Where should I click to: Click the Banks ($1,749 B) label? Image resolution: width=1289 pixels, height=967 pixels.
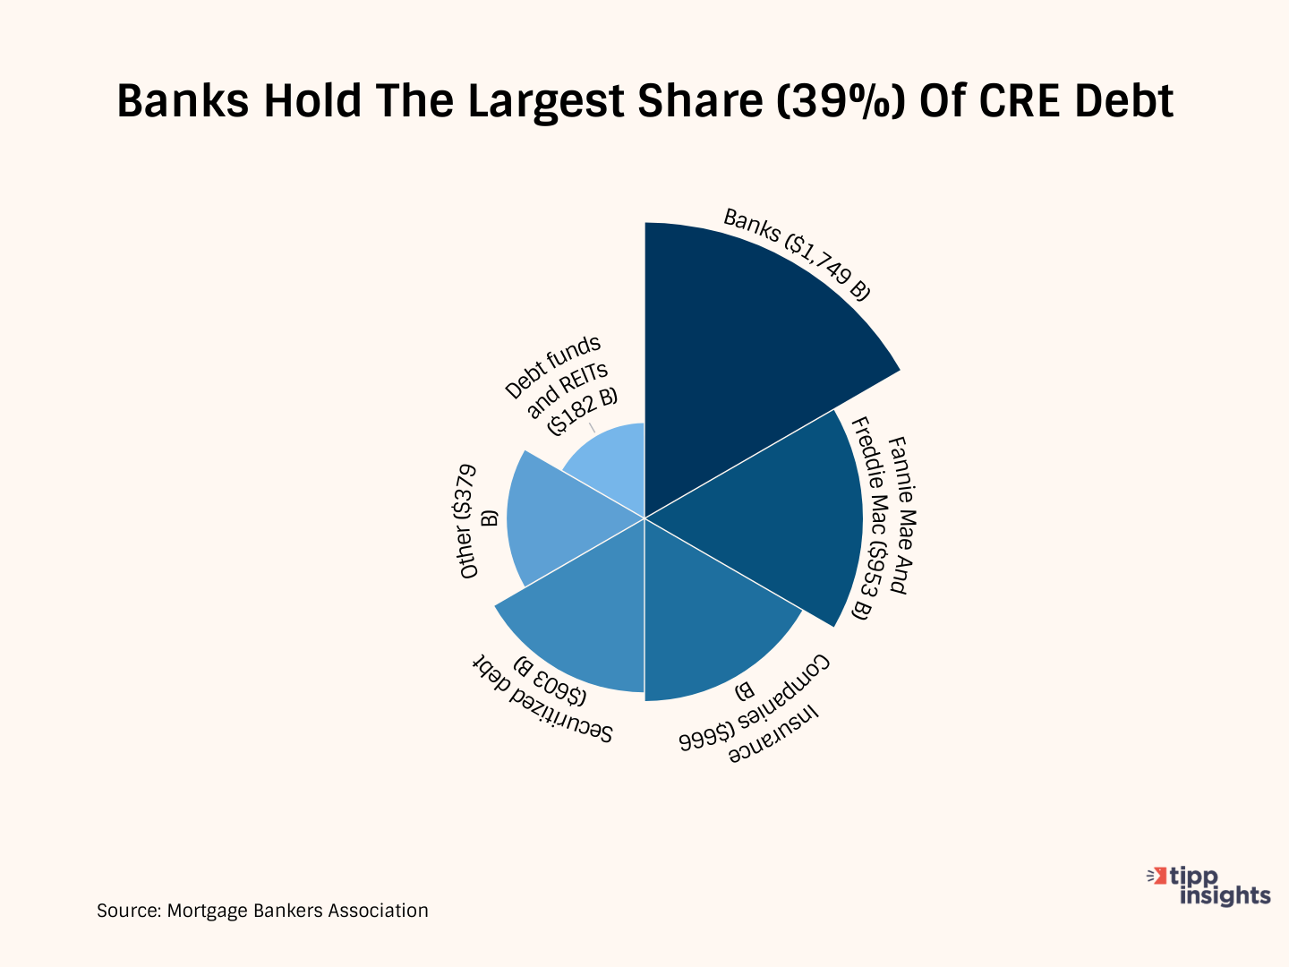(797, 254)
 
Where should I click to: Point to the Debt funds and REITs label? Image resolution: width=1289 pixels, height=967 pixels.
(561, 385)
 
